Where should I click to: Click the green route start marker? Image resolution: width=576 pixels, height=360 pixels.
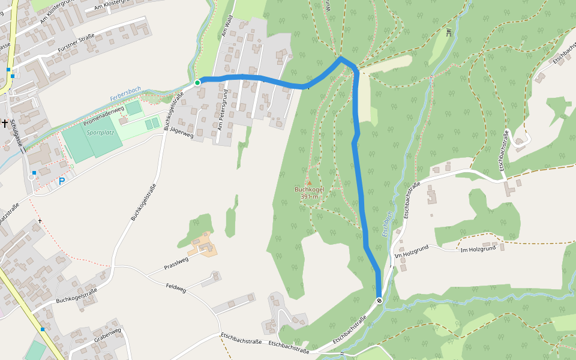pos(197,82)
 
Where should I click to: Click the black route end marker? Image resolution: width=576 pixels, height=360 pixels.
pos(379,301)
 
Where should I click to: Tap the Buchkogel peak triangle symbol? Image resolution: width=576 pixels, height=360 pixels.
pos(310,182)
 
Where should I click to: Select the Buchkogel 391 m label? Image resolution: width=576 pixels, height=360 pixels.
pos(310,193)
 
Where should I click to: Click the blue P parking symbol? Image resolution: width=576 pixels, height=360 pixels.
pos(61,181)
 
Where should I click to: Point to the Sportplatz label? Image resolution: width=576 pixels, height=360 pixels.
pos(100,132)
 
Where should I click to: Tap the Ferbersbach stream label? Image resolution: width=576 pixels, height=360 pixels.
pos(125,94)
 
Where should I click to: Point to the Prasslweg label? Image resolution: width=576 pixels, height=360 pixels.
pos(176,263)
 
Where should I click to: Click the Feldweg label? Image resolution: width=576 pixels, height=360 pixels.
pos(176,289)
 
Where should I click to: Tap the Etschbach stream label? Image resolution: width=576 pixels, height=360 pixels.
pos(388,223)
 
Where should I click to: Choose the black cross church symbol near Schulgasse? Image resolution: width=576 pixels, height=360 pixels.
pos(5,123)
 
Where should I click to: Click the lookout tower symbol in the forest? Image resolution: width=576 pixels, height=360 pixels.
pos(449,32)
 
